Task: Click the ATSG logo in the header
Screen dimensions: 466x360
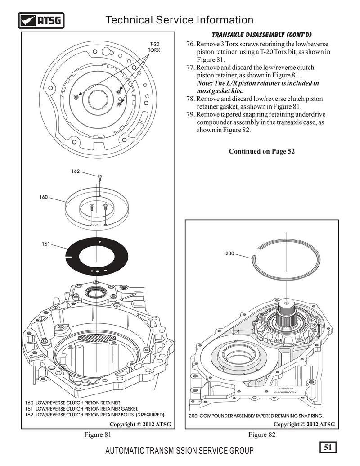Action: pyautogui.click(x=41, y=20)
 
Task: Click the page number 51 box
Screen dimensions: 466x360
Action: pyautogui.click(x=328, y=447)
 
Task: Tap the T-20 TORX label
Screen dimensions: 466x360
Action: pyautogui.click(x=154, y=47)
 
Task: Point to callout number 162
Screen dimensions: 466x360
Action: pyautogui.click(x=76, y=171)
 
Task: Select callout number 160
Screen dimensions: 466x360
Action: pyautogui.click(x=43, y=197)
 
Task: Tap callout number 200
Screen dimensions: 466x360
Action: pyautogui.click(x=229, y=254)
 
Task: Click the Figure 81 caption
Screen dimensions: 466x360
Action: pyautogui.click(x=98, y=434)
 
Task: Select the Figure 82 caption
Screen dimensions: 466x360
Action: pyautogui.click(x=262, y=434)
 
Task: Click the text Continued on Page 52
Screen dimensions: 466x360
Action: pyautogui.click(x=262, y=151)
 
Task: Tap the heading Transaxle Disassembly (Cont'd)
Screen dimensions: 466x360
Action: pyautogui.click(x=262, y=35)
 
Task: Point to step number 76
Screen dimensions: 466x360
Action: pyautogui.click(x=190, y=44)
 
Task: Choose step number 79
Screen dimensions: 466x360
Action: pyautogui.click(x=190, y=114)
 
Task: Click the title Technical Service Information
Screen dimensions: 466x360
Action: pyautogui.click(x=179, y=20)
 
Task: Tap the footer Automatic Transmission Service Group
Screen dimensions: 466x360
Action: pyautogui.click(x=179, y=451)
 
